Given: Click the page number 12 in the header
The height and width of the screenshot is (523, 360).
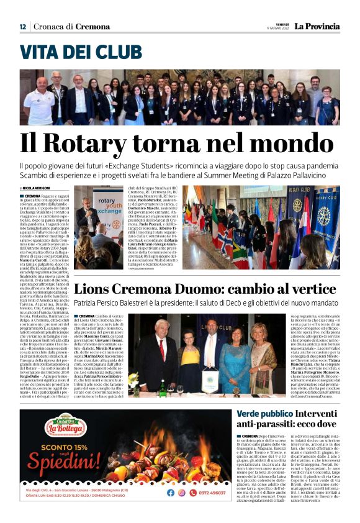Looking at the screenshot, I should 23,27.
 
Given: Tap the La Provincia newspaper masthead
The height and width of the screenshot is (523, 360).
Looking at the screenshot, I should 317,27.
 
